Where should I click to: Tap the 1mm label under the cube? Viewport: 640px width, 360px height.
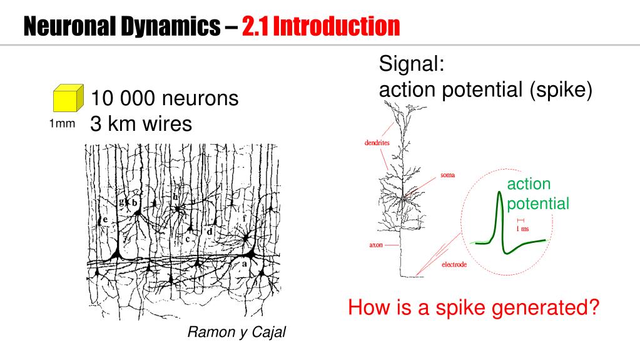click(61, 125)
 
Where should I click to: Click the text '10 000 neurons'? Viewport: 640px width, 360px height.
click(165, 98)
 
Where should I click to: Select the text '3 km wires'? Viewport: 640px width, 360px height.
click(141, 124)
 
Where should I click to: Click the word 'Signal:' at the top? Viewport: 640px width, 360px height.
click(412, 64)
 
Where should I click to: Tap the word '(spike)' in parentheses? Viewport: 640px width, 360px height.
click(561, 90)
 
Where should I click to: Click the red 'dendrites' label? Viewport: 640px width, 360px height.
click(377, 143)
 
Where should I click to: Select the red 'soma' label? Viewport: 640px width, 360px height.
click(448, 175)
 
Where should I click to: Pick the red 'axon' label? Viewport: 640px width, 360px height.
click(375, 245)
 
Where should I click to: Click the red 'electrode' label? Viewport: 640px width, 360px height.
click(454, 265)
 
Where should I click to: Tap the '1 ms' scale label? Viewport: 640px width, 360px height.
click(522, 229)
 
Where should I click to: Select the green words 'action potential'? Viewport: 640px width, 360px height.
click(537, 193)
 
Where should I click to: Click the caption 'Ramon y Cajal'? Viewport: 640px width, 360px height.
click(236, 332)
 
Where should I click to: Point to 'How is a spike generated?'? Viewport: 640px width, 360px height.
click(474, 308)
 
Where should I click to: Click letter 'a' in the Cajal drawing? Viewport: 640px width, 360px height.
click(244, 265)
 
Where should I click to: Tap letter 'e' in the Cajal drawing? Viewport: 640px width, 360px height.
click(106, 220)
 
